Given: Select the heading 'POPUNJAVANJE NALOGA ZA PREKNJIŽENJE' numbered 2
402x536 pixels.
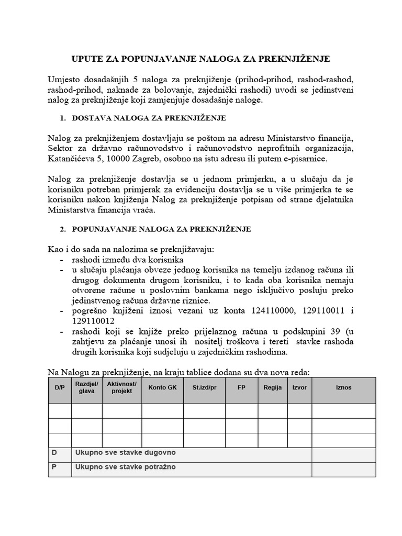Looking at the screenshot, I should tap(161, 229).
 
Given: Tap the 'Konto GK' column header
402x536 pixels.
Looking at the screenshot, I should tap(162, 388).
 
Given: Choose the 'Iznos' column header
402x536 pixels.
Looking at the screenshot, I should tap(343, 388).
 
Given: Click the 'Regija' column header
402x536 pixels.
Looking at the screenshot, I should tap(273, 388).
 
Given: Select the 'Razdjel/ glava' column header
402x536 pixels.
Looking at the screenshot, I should tap(86, 388).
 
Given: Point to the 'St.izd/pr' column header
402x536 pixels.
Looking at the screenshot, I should tap(204, 388).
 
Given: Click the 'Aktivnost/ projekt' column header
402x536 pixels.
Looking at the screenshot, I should tap(121, 388).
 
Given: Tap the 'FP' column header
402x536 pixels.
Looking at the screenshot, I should tap(241, 388).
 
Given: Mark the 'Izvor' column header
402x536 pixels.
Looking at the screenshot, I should tap(299, 388).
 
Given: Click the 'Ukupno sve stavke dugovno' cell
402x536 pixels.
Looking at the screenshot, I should tap(126, 452).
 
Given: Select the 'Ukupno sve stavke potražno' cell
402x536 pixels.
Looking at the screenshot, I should tap(126, 467).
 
